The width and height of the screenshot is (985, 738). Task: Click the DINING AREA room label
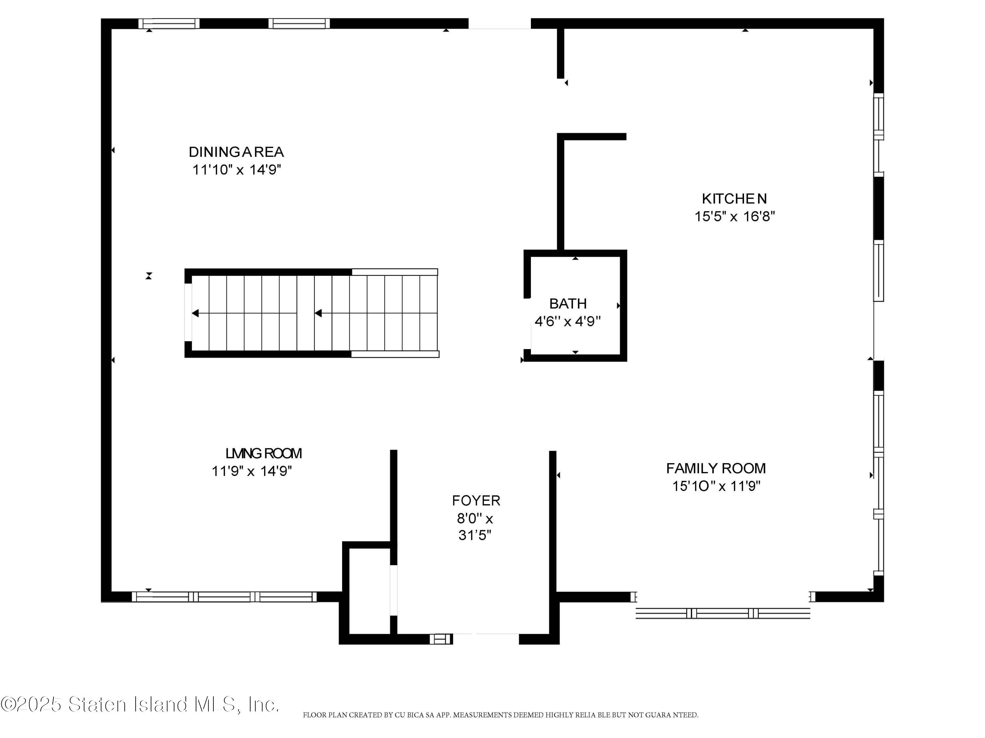(236, 152)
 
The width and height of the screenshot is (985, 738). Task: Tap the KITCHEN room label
(734, 198)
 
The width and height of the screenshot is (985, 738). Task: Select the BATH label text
(568, 303)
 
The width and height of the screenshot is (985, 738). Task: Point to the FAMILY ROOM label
(715, 468)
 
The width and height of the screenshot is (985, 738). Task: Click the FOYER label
(476, 501)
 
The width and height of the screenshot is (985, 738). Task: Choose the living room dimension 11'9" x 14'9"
(252, 471)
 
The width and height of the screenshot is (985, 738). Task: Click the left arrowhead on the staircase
(195, 313)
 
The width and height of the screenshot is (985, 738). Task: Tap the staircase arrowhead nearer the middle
(318, 313)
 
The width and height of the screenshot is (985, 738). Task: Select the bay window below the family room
(722, 613)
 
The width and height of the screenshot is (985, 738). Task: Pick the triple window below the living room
(224, 597)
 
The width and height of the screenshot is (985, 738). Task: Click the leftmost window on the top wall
(168, 24)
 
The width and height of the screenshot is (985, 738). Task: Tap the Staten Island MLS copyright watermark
(140, 704)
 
